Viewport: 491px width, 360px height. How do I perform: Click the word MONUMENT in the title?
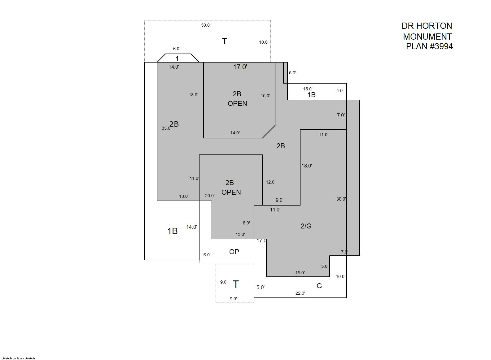(x=427, y=36)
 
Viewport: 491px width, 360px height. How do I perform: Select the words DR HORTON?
(x=427, y=26)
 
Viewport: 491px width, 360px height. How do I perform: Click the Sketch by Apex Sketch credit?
(x=18, y=358)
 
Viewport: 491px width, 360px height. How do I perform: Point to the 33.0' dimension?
(x=166, y=128)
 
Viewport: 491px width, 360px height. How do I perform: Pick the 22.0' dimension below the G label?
(x=300, y=293)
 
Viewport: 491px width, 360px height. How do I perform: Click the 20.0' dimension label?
(x=210, y=196)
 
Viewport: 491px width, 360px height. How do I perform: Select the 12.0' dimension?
(x=270, y=182)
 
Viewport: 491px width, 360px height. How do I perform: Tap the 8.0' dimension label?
(x=246, y=223)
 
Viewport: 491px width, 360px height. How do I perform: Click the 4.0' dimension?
(x=340, y=90)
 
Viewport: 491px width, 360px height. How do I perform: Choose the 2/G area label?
(x=306, y=226)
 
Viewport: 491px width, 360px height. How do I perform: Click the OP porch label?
(x=234, y=252)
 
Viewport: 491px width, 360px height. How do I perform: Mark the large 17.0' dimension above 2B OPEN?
(x=240, y=67)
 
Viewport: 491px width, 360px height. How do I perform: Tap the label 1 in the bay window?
(x=177, y=59)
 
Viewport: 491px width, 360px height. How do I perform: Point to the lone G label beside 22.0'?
(x=319, y=286)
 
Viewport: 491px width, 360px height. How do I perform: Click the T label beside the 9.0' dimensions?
(x=236, y=284)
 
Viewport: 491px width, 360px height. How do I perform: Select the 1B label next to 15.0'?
(x=311, y=95)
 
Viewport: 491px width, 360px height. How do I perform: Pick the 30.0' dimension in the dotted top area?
(x=206, y=25)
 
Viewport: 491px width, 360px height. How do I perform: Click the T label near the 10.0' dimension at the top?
(x=225, y=41)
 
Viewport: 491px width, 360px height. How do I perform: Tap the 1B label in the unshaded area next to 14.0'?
(x=173, y=231)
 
